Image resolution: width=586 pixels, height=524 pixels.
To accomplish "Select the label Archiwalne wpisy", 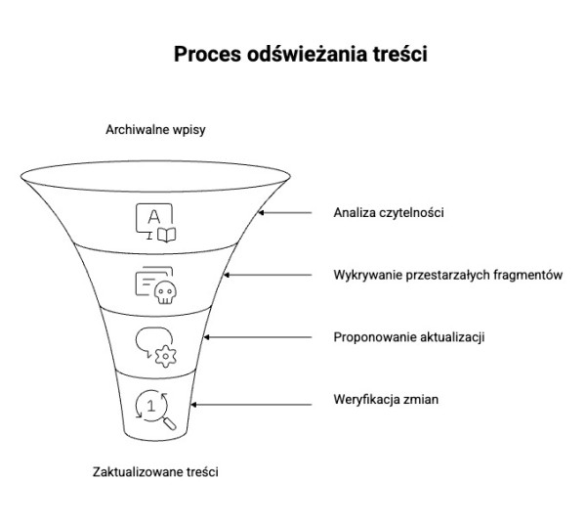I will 154,129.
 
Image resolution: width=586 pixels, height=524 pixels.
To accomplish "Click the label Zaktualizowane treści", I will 155,471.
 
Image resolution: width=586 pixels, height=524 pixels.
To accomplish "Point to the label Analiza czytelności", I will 389,212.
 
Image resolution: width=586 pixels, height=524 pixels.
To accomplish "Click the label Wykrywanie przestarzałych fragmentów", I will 447,275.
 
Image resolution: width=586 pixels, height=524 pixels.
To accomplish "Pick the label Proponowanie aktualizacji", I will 409,337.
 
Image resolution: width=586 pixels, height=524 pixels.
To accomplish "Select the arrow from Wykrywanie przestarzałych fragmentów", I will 276,275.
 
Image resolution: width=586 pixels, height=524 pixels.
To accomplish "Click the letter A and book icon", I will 156,222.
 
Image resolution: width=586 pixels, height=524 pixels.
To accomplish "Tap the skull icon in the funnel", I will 155,285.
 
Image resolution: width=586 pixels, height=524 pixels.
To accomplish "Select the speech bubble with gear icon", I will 155,346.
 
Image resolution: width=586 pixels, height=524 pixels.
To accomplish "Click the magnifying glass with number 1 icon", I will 155,409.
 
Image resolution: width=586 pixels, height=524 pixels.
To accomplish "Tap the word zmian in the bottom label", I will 408,400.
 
